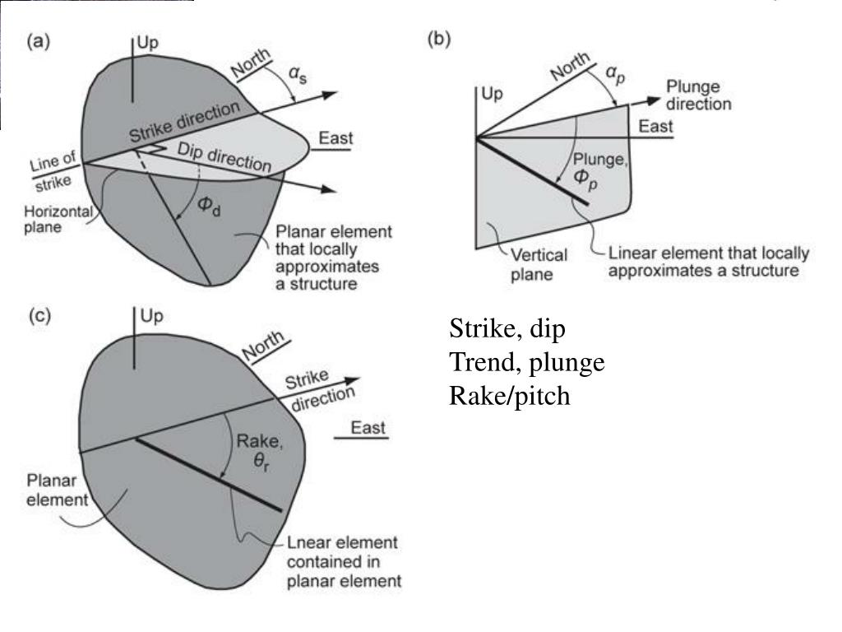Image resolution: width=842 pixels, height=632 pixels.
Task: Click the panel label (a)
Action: [39, 41]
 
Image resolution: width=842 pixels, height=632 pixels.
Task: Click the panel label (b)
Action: [439, 39]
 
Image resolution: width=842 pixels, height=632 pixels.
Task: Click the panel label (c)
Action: [39, 315]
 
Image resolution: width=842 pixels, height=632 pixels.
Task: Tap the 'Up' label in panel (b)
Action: [492, 94]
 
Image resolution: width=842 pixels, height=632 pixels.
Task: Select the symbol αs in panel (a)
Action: [298, 73]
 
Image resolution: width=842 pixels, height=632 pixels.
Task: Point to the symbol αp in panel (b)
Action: [615, 73]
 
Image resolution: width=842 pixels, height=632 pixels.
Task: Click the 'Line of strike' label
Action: [52, 171]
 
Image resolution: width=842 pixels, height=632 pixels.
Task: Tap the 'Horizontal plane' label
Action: [58, 219]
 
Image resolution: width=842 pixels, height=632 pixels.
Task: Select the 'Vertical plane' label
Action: [538, 264]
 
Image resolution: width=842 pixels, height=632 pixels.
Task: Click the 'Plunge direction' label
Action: [699, 95]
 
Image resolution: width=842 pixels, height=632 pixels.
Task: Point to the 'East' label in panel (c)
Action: [368, 428]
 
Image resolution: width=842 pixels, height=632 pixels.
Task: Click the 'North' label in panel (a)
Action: [251, 63]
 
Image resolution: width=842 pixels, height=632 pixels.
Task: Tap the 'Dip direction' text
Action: [224, 157]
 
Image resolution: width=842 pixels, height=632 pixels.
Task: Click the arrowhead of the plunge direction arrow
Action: [653, 100]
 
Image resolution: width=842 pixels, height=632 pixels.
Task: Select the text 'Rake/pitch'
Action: [509, 396]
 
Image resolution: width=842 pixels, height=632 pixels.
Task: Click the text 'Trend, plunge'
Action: [527, 362]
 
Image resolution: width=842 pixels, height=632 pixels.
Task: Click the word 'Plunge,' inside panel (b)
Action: [599, 160]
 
